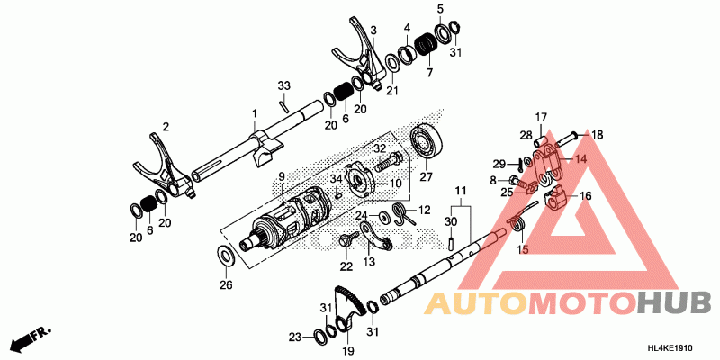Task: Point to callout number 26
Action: (226, 286)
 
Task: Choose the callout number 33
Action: (283, 85)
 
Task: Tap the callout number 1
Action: (255, 113)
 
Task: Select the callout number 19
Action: (347, 350)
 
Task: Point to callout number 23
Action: (294, 337)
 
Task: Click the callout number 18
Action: (598, 134)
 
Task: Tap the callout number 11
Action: (460, 192)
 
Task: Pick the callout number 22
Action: (346, 266)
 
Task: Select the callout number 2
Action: (166, 127)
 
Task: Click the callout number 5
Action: (440, 10)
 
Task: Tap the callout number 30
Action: (450, 221)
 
